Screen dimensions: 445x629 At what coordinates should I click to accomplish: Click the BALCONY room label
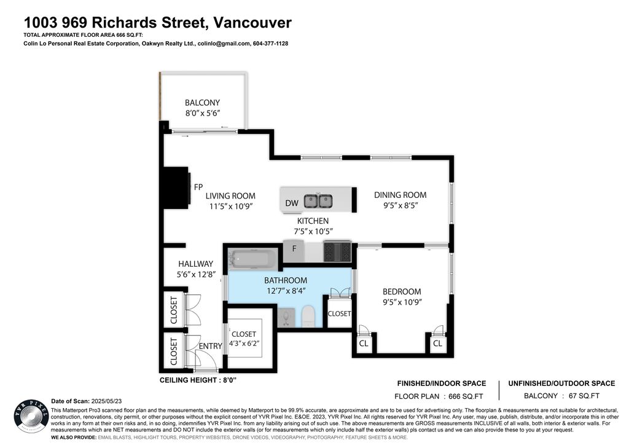(x=202, y=103)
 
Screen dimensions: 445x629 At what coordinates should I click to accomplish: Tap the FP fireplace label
(x=198, y=187)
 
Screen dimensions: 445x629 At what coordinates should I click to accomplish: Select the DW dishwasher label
(x=291, y=203)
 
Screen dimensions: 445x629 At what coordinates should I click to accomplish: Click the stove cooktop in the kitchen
(x=337, y=252)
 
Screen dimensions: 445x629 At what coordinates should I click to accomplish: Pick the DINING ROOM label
(x=400, y=195)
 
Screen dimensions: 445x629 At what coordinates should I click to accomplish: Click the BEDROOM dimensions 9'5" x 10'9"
(x=402, y=302)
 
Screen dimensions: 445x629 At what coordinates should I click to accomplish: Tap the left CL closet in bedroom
(x=364, y=344)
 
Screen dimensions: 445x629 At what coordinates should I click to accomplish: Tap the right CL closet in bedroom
(x=437, y=344)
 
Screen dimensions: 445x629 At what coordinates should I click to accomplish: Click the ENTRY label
(x=210, y=346)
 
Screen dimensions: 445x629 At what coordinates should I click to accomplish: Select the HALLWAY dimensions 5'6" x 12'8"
(x=195, y=275)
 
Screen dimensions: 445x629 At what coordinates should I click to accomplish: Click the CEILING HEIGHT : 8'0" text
(x=198, y=380)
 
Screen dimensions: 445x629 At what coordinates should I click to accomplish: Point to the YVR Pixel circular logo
(x=31, y=417)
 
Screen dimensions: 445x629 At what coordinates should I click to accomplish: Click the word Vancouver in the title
(x=252, y=23)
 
